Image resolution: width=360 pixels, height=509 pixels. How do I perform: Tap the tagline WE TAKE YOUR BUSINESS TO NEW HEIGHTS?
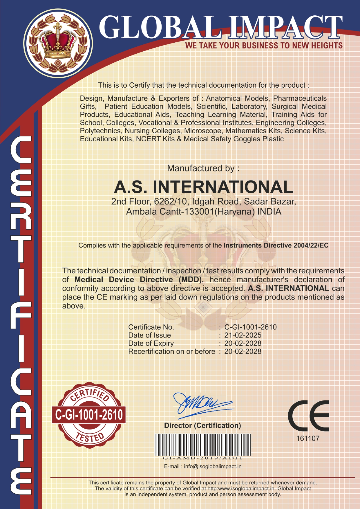click(x=264, y=46)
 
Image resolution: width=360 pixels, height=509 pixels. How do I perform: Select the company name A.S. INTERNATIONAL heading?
click(x=203, y=187)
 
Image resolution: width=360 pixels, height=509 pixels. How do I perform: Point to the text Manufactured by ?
click(x=203, y=168)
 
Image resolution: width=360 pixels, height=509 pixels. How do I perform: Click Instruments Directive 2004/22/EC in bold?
click(x=276, y=246)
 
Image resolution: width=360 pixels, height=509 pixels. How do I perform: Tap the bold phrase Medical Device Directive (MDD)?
click(x=139, y=280)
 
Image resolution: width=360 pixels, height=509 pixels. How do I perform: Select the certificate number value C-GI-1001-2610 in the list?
click(x=250, y=327)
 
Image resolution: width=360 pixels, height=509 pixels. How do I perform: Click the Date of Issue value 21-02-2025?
click(x=243, y=335)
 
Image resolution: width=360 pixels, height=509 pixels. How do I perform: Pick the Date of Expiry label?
click(x=151, y=343)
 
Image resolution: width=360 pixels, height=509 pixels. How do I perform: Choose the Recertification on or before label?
click(x=172, y=351)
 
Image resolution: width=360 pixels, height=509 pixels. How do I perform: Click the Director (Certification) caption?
click(x=202, y=425)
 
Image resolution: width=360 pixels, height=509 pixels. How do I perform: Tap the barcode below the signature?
click(x=203, y=445)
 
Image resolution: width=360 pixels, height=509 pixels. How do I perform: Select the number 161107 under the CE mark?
click(x=307, y=438)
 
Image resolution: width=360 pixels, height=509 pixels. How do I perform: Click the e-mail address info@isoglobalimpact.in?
click(x=213, y=466)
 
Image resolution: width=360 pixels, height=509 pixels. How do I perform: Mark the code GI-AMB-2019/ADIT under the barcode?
click(x=203, y=458)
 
